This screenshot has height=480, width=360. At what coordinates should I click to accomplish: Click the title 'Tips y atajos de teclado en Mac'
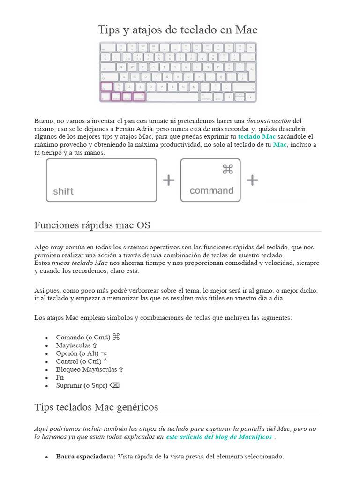point(178,30)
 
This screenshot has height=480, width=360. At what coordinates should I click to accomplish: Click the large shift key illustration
point(101,180)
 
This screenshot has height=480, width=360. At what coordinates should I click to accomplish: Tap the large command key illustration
point(210,180)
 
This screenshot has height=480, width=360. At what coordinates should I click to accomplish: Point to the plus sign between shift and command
point(168,180)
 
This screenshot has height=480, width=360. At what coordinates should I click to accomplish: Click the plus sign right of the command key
point(252,180)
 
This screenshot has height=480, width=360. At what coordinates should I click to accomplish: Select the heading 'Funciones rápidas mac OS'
point(92,225)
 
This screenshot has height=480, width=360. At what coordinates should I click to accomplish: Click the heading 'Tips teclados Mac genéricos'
point(96,407)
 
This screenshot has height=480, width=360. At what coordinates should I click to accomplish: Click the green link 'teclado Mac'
point(256,136)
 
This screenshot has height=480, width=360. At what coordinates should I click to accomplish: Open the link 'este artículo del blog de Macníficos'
point(219,437)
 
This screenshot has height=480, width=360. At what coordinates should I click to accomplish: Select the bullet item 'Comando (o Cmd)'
point(83,337)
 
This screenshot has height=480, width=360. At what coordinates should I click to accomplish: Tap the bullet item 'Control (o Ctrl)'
point(78,361)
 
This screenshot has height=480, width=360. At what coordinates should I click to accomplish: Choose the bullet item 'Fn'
point(60,377)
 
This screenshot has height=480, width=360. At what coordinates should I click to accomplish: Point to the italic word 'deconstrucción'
point(269,120)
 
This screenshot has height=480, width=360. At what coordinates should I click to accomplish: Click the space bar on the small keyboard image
point(172,97)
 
